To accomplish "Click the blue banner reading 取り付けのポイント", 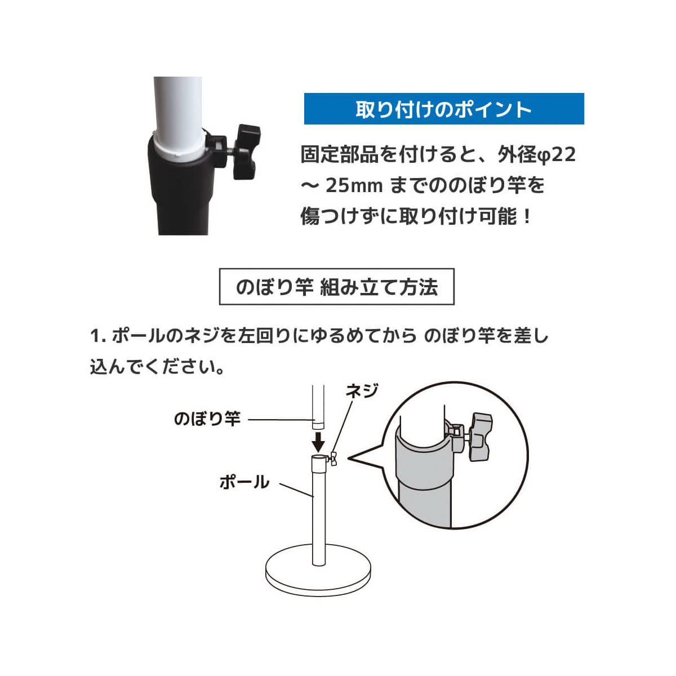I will [x=444, y=109].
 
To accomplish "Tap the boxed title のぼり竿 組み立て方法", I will [x=336, y=287].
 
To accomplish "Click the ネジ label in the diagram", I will [x=361, y=390].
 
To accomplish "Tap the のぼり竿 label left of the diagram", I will [x=207, y=419].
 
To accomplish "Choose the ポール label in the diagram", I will [x=244, y=482].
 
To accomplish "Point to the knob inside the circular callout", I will [x=478, y=436].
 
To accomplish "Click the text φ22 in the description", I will [x=555, y=154].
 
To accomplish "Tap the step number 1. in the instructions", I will [x=98, y=336].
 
